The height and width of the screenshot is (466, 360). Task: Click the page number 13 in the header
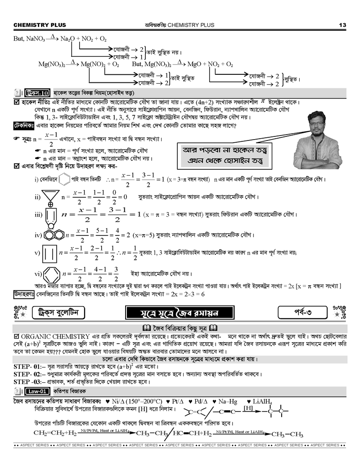coord(342,25)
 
